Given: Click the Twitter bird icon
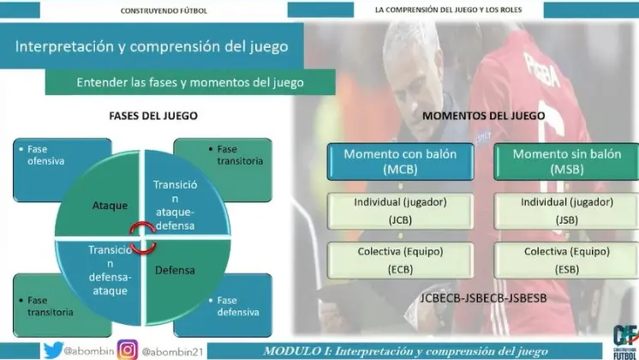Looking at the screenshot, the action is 53,351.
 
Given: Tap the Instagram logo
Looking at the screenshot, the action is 128,351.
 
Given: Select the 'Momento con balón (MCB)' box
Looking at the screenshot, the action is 400,161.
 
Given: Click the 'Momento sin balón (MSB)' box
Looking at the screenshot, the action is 566,161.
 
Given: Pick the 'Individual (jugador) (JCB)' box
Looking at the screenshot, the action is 400,211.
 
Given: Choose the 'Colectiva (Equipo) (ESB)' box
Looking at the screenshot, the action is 566,261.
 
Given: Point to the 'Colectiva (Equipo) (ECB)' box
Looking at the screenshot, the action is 400,261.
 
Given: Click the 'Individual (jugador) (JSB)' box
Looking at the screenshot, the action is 566,211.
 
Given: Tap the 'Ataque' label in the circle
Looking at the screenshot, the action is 110,206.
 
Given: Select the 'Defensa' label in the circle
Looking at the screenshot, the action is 175,270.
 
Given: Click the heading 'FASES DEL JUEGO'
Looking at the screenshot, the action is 153,116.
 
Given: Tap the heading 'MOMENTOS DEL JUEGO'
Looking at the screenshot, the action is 483,116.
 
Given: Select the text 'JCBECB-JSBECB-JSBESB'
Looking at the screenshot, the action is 483,298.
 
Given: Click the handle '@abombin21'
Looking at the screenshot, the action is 172,351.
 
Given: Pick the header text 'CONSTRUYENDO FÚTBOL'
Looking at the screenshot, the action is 164,11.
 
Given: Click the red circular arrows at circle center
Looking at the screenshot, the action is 143,238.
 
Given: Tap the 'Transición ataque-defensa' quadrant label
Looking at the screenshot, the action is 176,205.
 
